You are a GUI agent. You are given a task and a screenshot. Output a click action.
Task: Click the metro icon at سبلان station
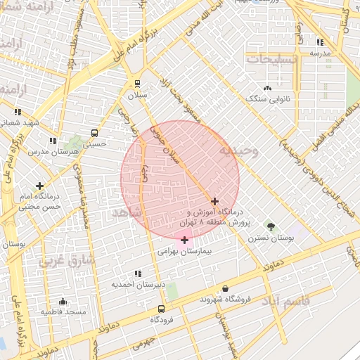[x=137, y=82]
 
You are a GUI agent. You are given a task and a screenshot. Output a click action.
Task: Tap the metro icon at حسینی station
[x=94, y=133]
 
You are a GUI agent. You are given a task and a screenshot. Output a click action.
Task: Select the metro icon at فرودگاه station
[x=162, y=309]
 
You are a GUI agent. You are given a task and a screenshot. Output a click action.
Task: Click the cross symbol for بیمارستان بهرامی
[x=184, y=240]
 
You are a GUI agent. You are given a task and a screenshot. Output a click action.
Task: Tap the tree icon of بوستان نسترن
[x=271, y=226]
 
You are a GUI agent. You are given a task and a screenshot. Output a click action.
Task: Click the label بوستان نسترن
[x=271, y=238]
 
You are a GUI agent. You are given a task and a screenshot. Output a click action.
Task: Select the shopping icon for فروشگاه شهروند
[x=225, y=288]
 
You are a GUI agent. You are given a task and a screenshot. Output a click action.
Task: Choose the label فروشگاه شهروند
[x=225, y=299]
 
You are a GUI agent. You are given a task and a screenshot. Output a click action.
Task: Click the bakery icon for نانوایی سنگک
[x=267, y=88]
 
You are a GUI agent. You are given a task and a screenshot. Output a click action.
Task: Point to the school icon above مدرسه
[x=321, y=42]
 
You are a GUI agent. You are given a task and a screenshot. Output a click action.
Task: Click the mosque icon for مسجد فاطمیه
[x=63, y=300]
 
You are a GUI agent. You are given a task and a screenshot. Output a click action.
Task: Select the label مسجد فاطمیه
[x=63, y=311]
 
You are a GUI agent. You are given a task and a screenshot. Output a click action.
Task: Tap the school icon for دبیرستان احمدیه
[x=138, y=273]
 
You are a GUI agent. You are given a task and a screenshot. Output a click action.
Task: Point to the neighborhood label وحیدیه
[x=239, y=150]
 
